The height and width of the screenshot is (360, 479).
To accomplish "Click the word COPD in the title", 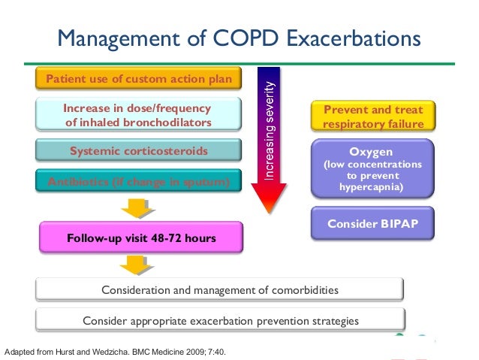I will point(252,37).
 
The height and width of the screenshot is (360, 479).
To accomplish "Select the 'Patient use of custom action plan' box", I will point(139,79).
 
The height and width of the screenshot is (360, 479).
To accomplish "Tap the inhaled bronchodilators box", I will point(139,115).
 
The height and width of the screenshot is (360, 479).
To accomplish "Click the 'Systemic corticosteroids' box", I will point(139,151).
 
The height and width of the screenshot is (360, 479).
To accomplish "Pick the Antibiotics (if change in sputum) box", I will point(139,181).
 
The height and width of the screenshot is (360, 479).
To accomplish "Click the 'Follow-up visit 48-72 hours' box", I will point(141,238).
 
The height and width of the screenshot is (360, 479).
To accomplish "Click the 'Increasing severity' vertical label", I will point(270,131).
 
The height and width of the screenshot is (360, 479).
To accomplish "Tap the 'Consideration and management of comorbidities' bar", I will point(219,289).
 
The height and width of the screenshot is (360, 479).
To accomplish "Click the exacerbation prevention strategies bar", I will point(219,321).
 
